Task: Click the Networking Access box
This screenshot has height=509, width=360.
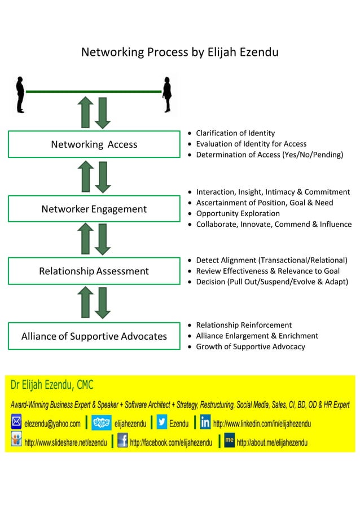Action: [x=94, y=144]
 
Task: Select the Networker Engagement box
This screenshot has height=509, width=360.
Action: [x=94, y=209]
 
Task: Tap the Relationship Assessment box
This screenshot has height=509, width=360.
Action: [x=94, y=271]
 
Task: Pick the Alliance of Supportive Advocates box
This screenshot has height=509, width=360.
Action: [x=94, y=336]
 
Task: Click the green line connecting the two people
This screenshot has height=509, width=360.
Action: [x=94, y=91]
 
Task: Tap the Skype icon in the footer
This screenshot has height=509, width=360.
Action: [x=101, y=423]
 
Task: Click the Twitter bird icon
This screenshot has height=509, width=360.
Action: [x=161, y=423]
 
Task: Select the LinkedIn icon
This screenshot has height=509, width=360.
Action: [x=205, y=423]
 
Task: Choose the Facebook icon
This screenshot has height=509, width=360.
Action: [x=122, y=441]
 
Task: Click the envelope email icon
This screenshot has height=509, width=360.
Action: [x=16, y=423]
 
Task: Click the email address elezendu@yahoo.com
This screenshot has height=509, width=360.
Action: [x=52, y=424]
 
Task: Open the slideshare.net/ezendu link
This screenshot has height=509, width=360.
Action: [x=65, y=443]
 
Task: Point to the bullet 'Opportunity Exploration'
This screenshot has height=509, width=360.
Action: [x=238, y=214]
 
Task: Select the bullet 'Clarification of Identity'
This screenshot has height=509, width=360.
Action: [x=235, y=133]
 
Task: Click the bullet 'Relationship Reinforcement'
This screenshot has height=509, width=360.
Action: [x=243, y=325]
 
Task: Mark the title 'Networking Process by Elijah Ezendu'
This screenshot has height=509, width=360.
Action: [x=180, y=52]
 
